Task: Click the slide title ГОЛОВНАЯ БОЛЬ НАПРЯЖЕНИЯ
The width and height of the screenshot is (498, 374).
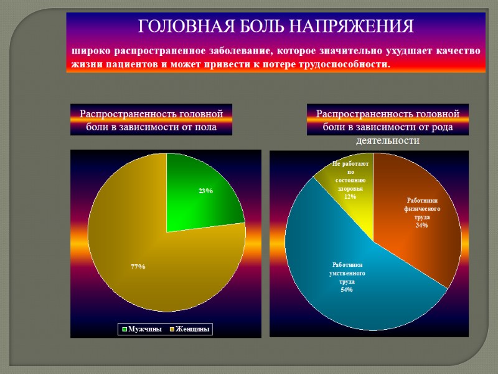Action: click(x=275, y=26)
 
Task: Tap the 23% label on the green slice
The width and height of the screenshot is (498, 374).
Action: click(x=206, y=191)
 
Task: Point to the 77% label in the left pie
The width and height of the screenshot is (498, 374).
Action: click(x=138, y=267)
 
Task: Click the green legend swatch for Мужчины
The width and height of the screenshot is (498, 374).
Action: click(x=125, y=328)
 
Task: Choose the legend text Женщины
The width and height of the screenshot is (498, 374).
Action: click(x=194, y=328)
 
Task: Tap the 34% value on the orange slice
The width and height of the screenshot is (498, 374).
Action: click(x=421, y=225)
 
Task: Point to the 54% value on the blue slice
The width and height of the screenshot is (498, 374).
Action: click(x=347, y=290)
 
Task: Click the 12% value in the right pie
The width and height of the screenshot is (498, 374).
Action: click(x=350, y=196)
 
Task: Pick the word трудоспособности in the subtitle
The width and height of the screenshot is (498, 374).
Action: click(x=342, y=64)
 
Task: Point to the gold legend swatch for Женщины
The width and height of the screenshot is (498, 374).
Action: click(x=171, y=328)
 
